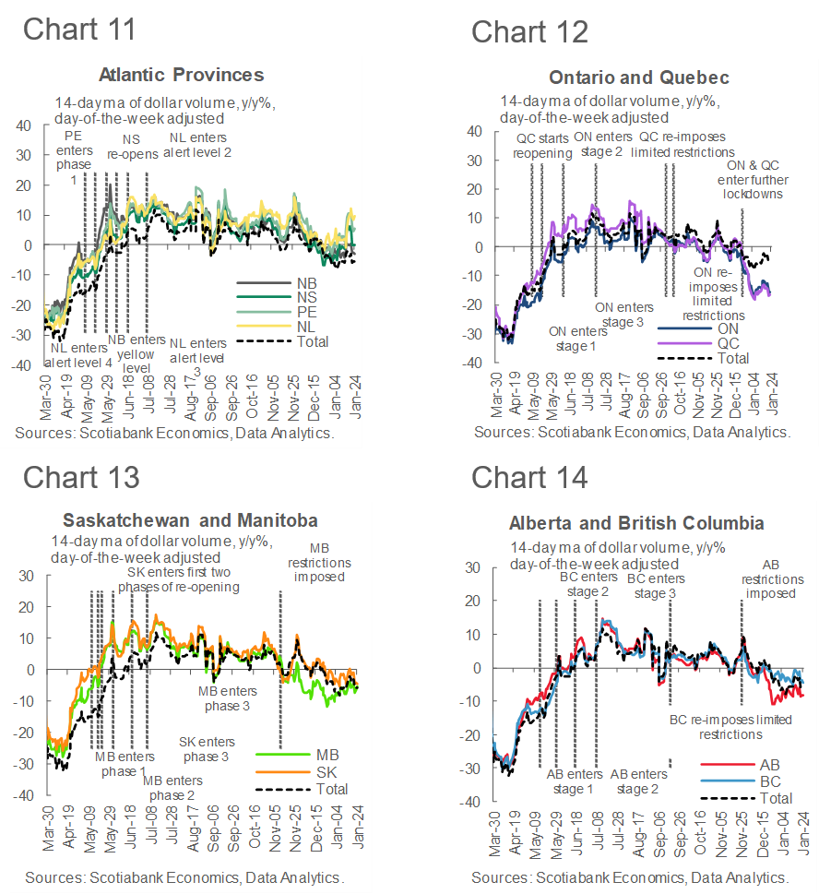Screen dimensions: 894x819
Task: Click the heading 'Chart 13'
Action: pyautogui.click(x=81, y=477)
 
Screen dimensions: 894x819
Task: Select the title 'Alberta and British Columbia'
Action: pyautogui.click(x=636, y=523)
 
